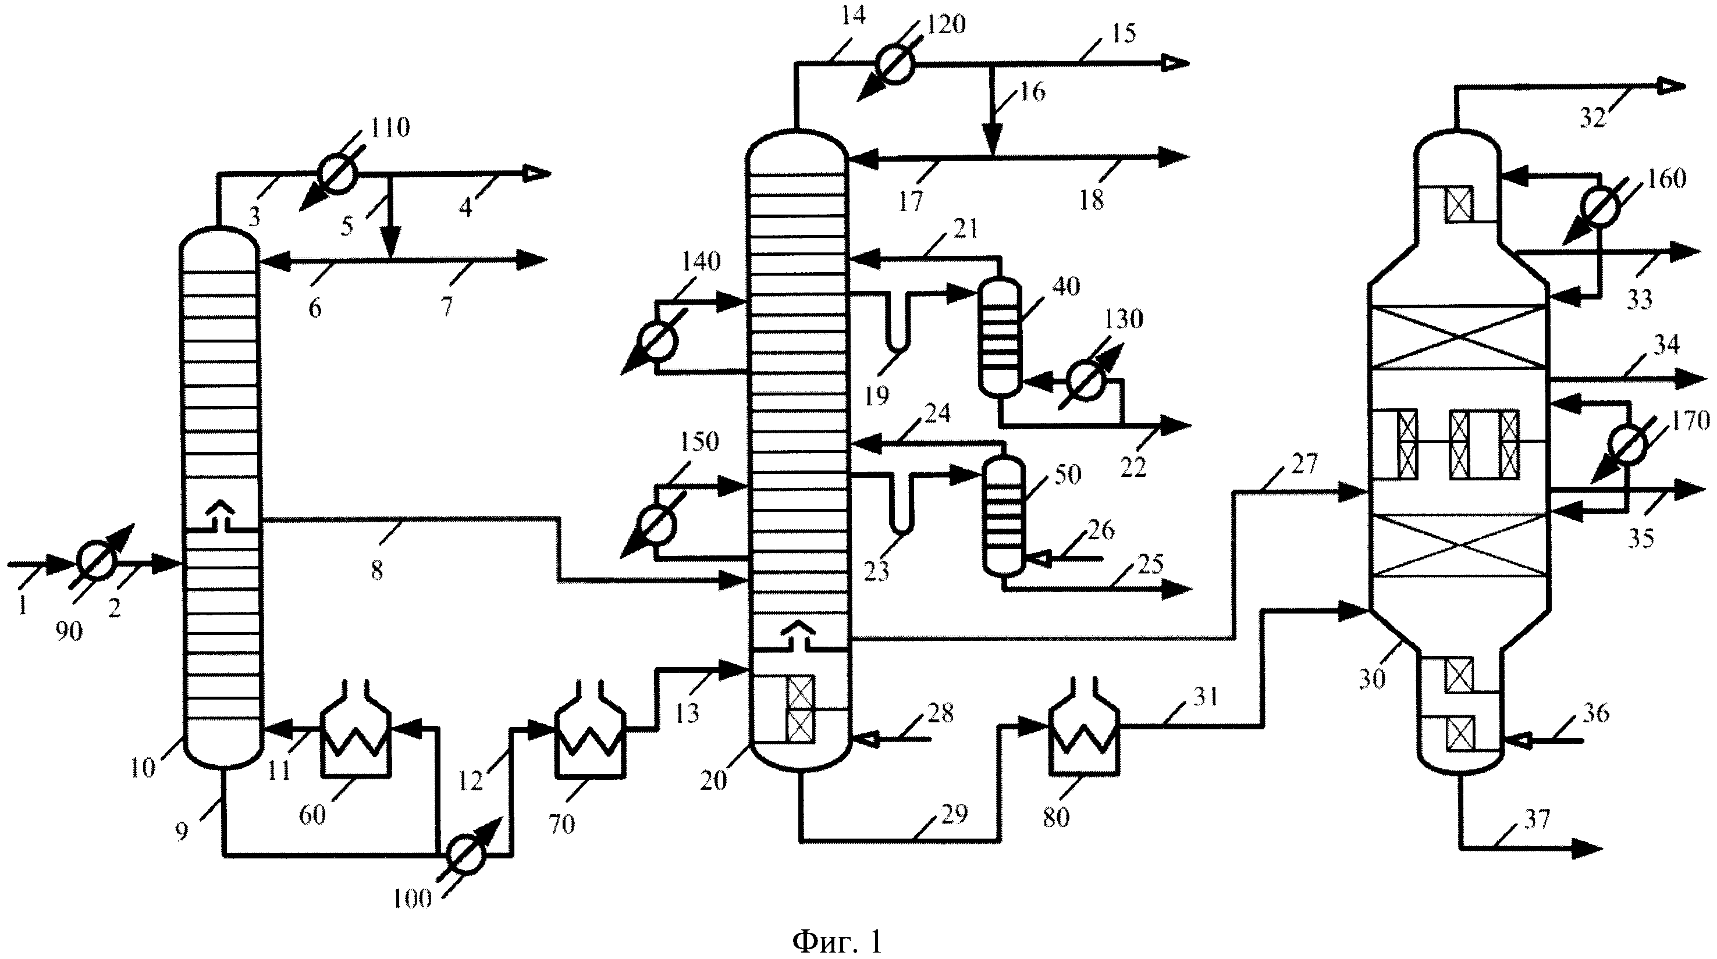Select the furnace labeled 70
(590, 729)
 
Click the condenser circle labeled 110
(337, 174)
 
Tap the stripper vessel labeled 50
(1004, 516)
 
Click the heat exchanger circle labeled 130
(1086, 381)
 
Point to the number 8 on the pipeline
(377, 570)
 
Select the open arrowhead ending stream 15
(1176, 63)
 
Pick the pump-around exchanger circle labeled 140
(659, 341)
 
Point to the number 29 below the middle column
(954, 813)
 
